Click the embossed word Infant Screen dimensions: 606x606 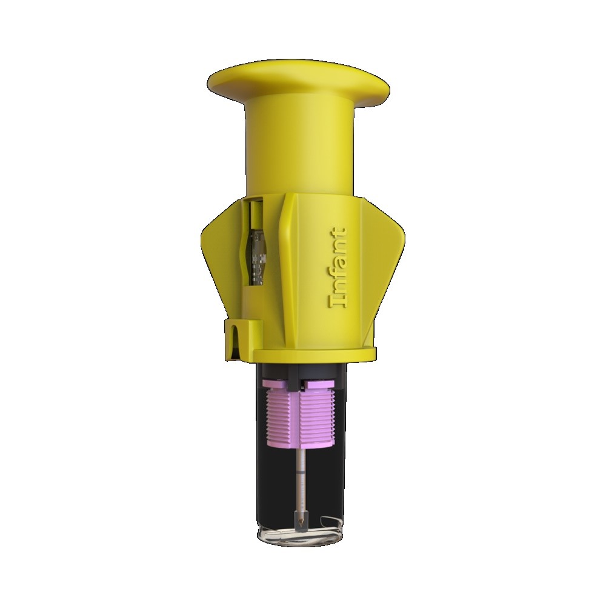pyautogui.click(x=337, y=268)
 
